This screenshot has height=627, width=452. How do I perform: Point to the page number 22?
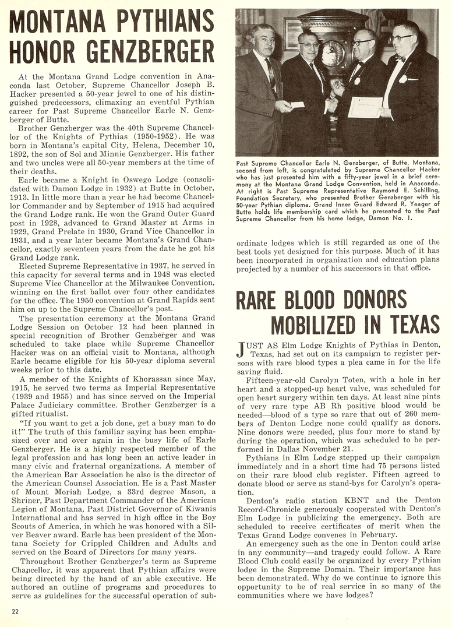(16, 610)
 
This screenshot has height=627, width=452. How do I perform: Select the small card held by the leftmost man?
(295, 105)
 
